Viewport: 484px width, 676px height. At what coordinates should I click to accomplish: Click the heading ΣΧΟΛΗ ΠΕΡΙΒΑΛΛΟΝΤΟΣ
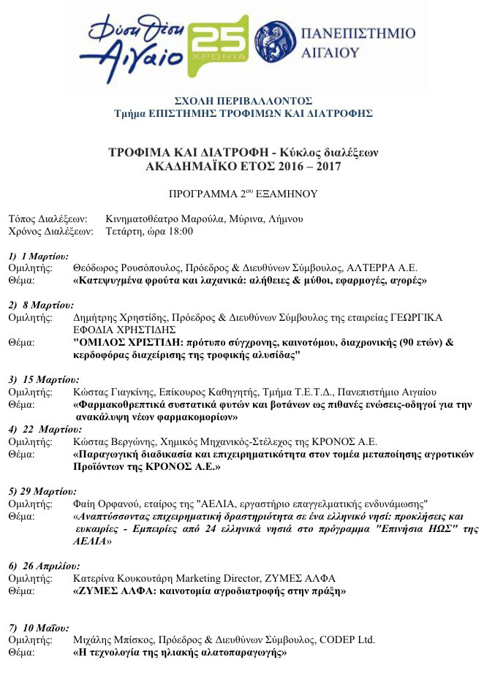(x=243, y=101)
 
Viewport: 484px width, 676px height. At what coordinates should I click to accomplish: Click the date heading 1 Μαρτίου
(x=44, y=257)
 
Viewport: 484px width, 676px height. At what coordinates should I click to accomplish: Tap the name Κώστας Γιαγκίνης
(x=107, y=392)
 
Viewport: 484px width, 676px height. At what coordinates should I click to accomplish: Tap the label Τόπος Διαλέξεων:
(x=48, y=219)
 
